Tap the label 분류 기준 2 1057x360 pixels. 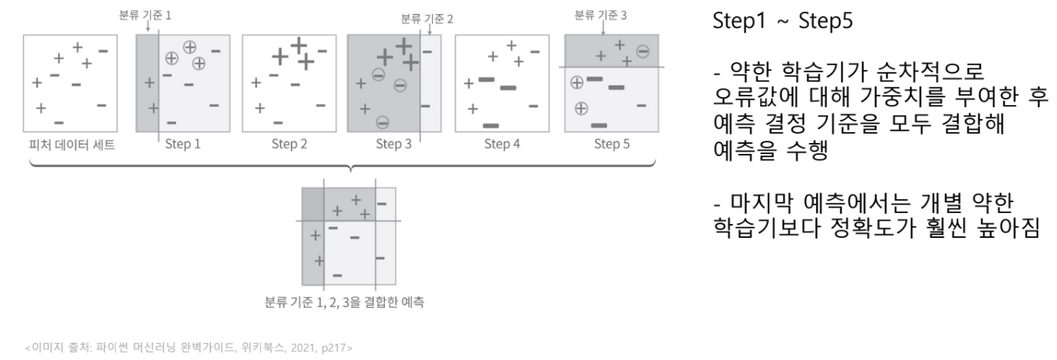click(x=427, y=18)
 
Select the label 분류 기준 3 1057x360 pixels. click(x=601, y=14)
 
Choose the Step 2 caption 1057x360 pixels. click(x=289, y=144)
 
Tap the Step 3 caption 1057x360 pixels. click(x=394, y=144)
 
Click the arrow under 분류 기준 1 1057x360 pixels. click(x=127, y=26)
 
